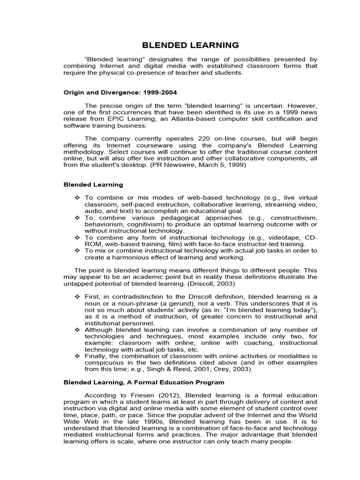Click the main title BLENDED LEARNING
tap(190, 45)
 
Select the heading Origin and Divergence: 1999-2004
tap(120, 92)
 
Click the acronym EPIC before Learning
tap(107, 119)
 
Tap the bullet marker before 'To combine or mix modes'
tap(77, 198)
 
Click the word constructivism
tap(292, 218)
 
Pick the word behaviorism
tap(104, 225)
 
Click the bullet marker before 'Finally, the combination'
tap(77, 356)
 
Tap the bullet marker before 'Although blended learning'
tap(77, 330)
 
